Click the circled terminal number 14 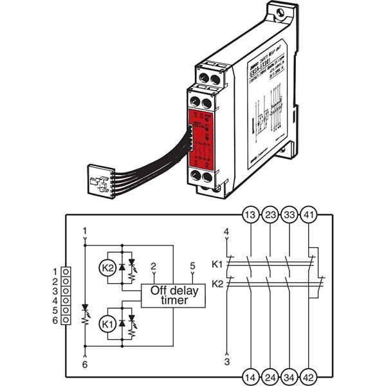pyautogui.click(x=250, y=376)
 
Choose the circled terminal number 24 pyautogui.click(x=270, y=376)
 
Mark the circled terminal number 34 pyautogui.click(x=290, y=376)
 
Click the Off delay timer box pyautogui.click(x=169, y=295)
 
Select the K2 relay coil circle pyautogui.click(x=107, y=267)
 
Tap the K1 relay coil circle pyautogui.click(x=107, y=326)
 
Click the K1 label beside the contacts pyautogui.click(x=217, y=264)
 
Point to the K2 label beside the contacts pyautogui.click(x=217, y=283)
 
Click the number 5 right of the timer pyautogui.click(x=192, y=265)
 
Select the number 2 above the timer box pyautogui.click(x=152, y=265)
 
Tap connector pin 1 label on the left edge pyautogui.click(x=55, y=271)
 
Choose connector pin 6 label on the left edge pyautogui.click(x=55, y=320)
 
